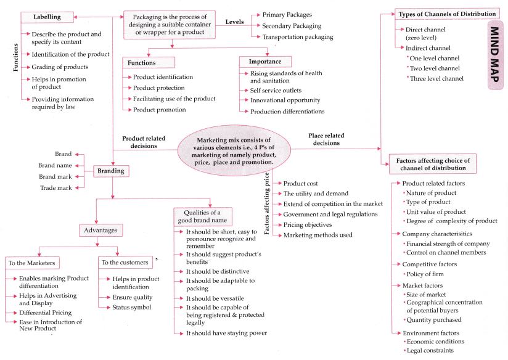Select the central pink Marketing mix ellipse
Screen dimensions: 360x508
229,152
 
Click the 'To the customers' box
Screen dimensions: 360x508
125,262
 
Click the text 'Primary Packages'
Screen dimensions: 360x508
287,14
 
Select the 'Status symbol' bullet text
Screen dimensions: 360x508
131,306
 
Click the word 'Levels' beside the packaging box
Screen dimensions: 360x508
234,22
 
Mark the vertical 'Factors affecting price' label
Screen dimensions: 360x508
267,207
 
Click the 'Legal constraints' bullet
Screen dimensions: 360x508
431,350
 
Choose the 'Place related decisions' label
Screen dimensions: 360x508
326,139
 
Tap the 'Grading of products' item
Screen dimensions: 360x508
59,67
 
